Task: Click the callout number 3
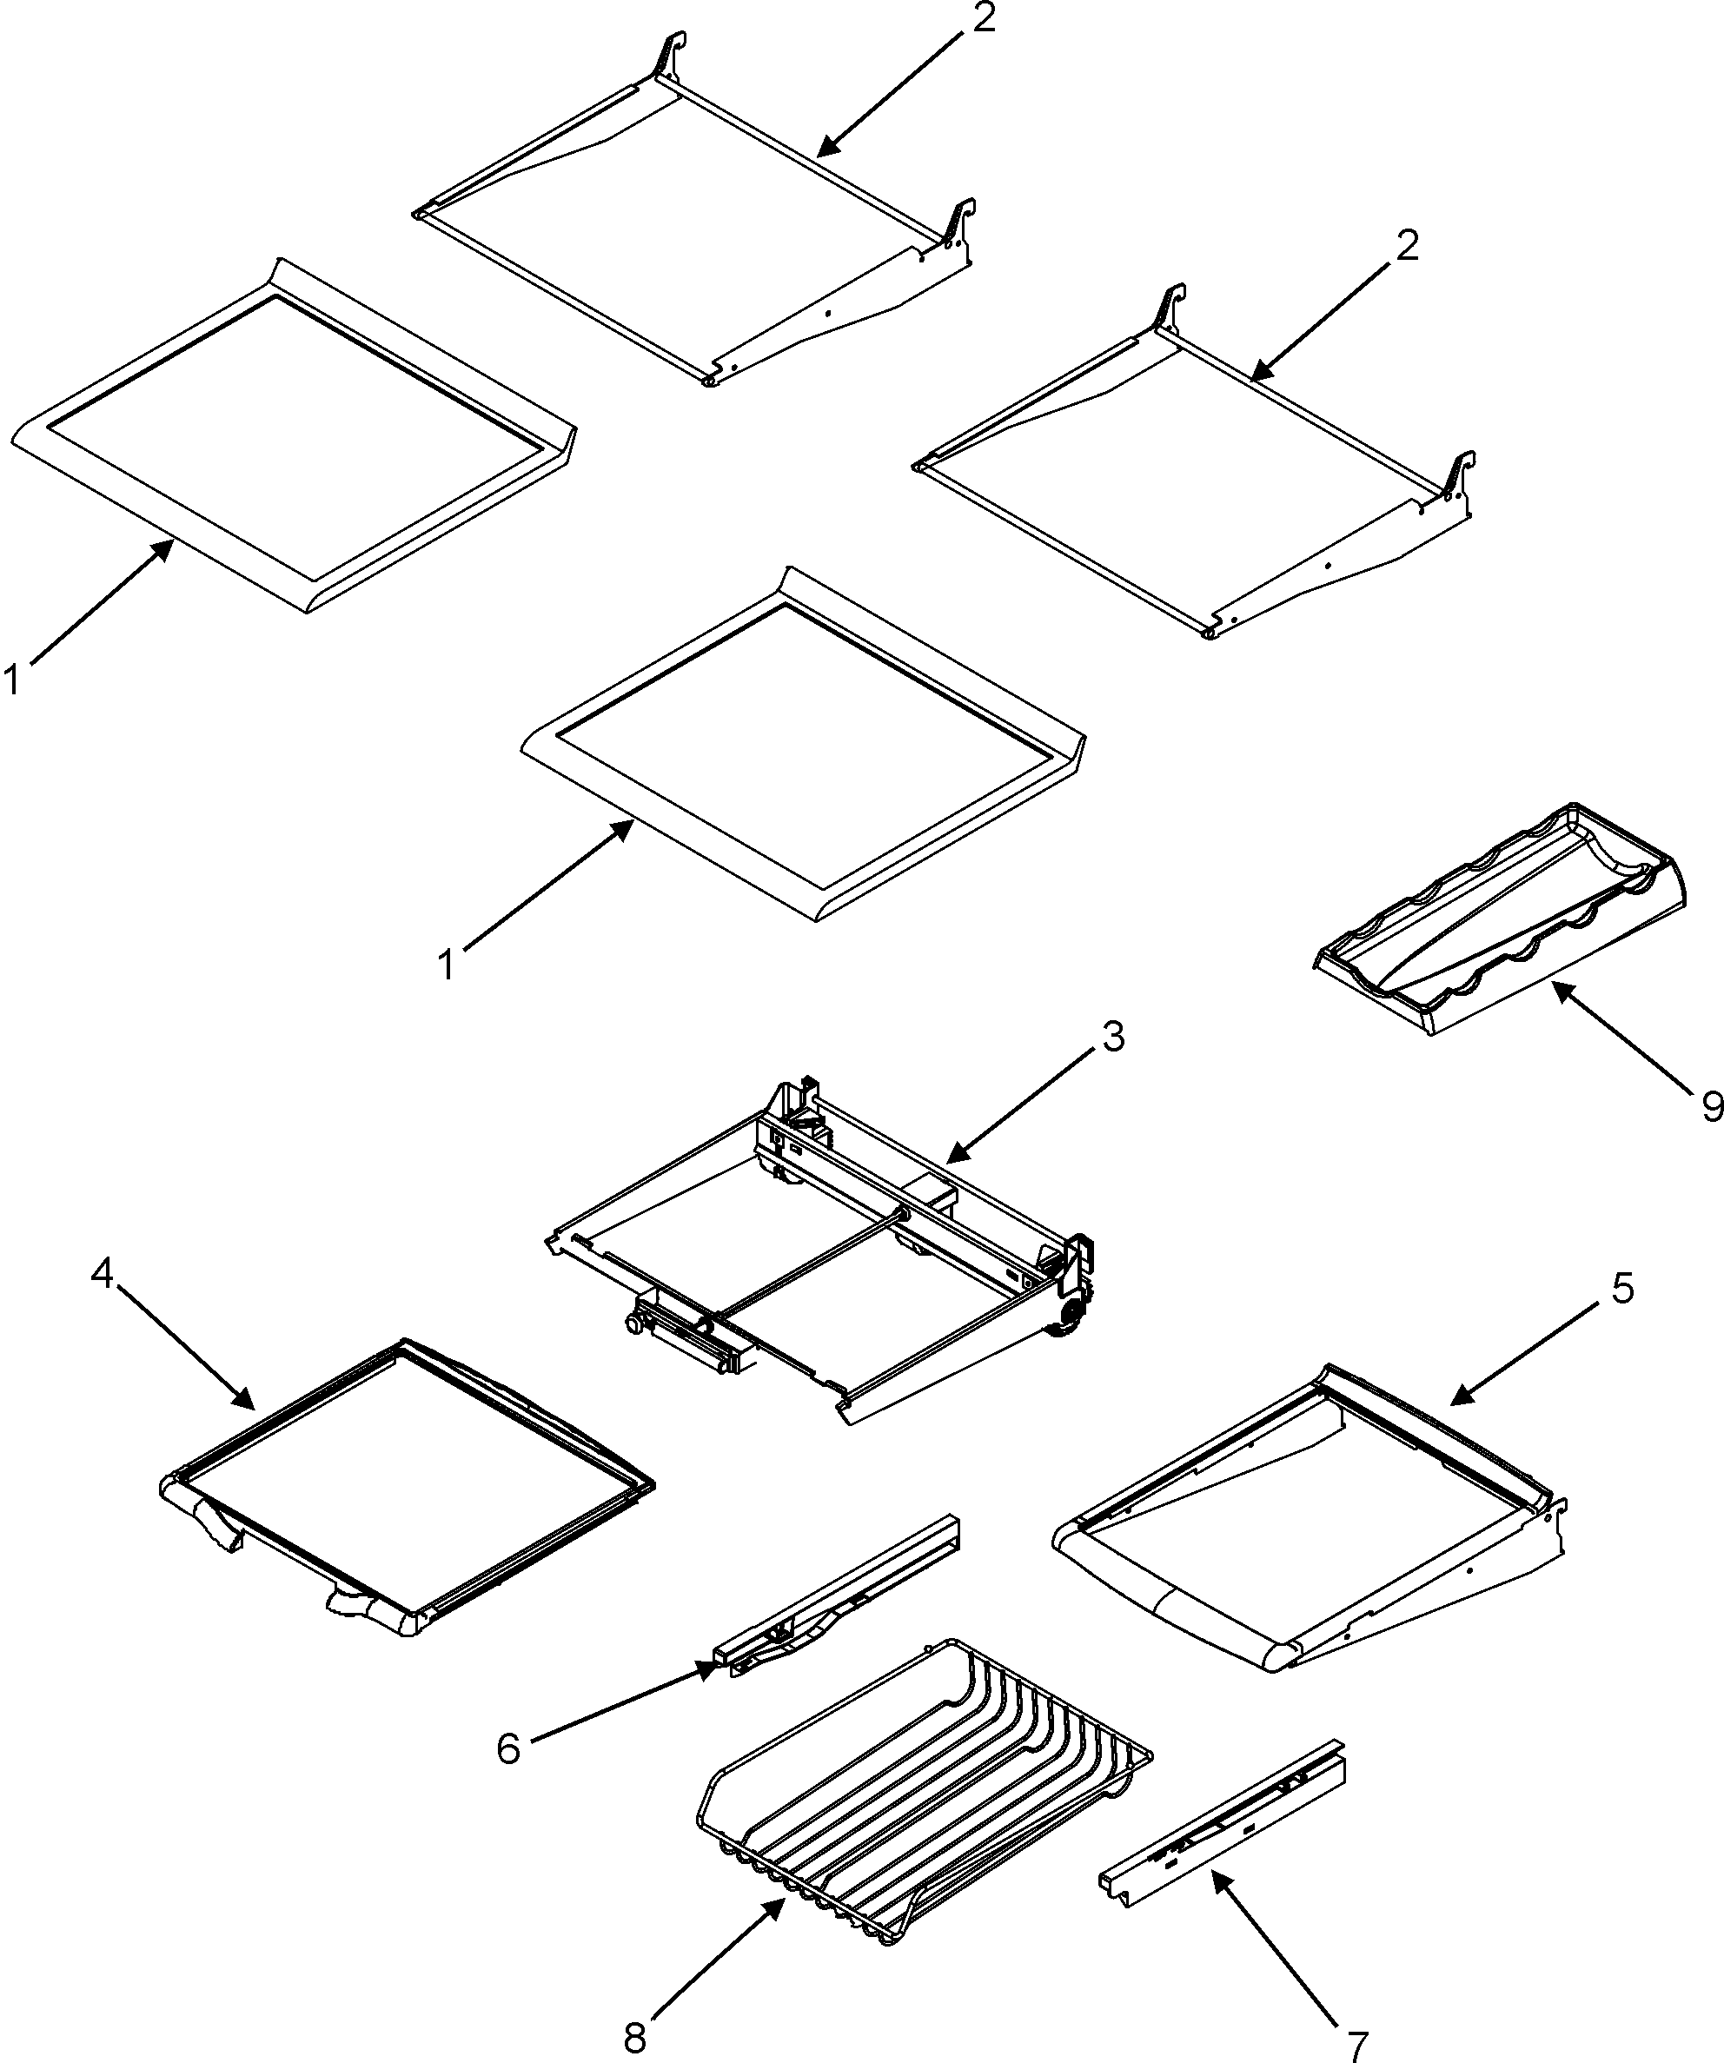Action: pos(1112,1037)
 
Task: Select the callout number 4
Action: pos(103,1274)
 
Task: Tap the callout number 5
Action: pos(1621,1287)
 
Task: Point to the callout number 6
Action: pos(507,1748)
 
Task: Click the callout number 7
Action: pos(1356,2046)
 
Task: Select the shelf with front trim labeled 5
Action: pos(1307,1533)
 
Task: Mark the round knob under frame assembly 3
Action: pos(634,1326)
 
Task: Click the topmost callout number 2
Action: pos(984,20)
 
